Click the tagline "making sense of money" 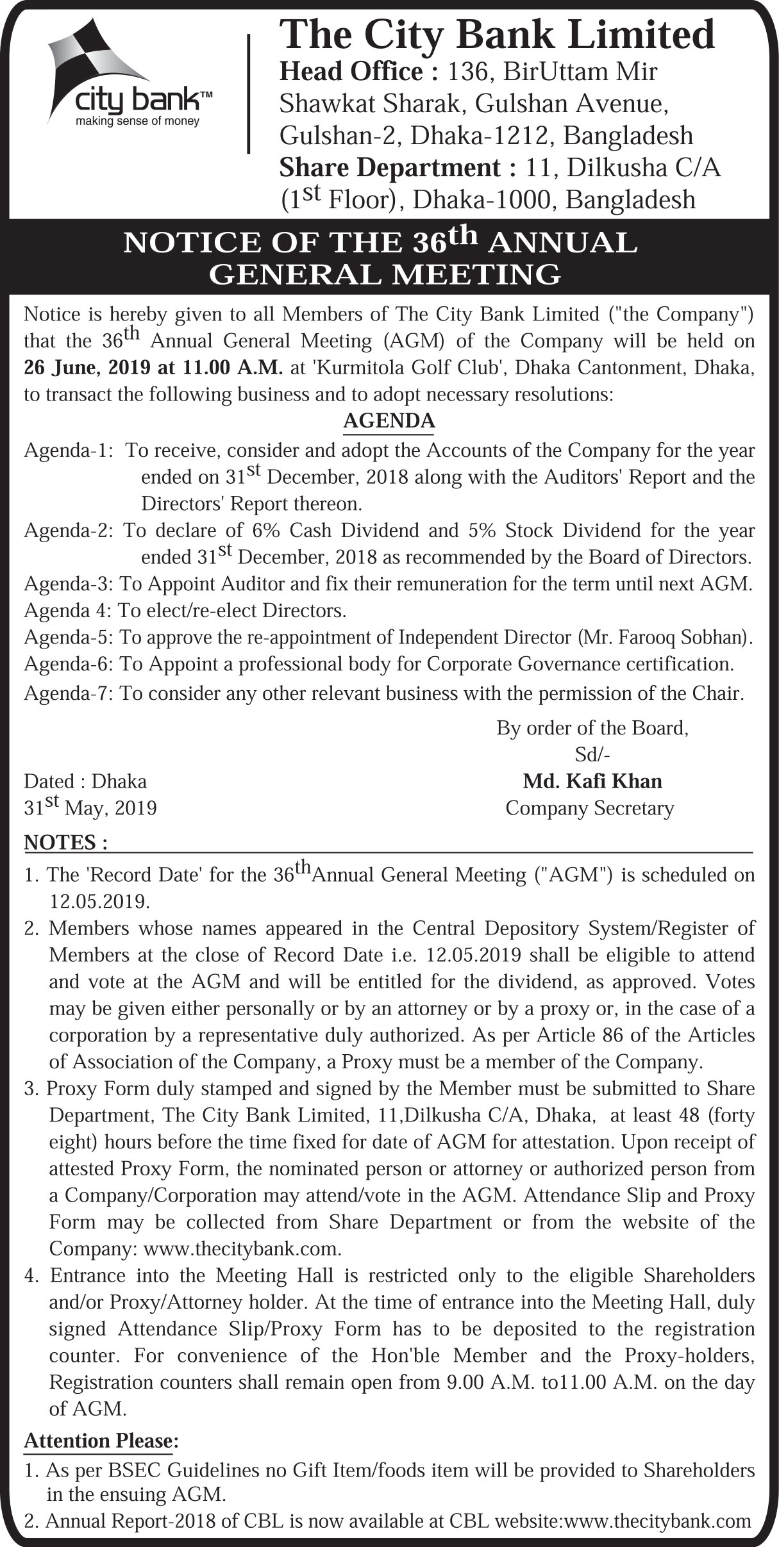pyautogui.click(x=138, y=121)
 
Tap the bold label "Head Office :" pyautogui.click(x=358, y=72)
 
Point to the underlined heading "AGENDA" pyautogui.click(x=389, y=421)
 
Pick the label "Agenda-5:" pyautogui.click(x=69, y=638)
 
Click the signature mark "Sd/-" pyautogui.click(x=592, y=755)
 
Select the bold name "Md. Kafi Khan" pyautogui.click(x=592, y=781)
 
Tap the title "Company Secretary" pyautogui.click(x=590, y=808)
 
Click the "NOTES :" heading pyautogui.click(x=65, y=843)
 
